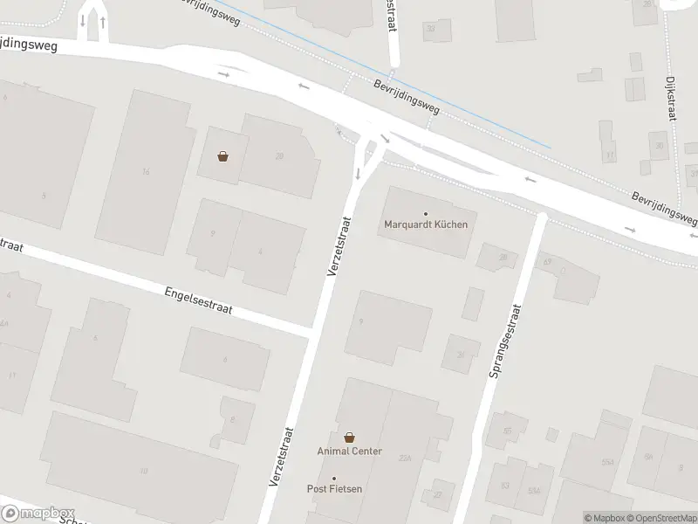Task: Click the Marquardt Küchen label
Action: point(426,224)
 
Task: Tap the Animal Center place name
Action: point(349,452)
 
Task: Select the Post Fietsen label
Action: point(334,489)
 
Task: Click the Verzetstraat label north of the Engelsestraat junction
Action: point(339,247)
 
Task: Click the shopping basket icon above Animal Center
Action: point(349,437)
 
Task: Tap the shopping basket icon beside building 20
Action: point(224,156)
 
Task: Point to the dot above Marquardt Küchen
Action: point(426,213)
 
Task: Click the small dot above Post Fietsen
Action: point(334,479)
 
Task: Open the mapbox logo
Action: point(37,514)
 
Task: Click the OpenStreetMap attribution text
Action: point(663,518)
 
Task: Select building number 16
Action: point(146,171)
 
